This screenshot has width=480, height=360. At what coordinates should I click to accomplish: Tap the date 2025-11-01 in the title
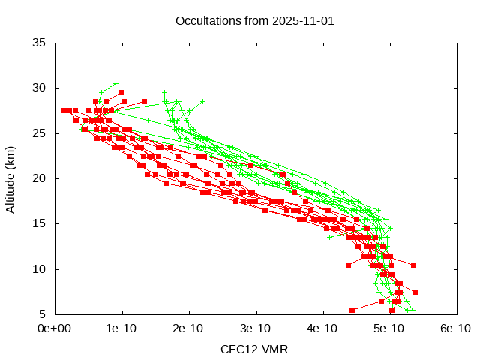[300, 20]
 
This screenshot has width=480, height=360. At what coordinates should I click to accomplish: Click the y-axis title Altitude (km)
[11, 178]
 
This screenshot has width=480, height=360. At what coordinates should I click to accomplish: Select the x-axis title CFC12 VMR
[254, 349]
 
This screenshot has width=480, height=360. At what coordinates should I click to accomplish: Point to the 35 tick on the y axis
[40, 43]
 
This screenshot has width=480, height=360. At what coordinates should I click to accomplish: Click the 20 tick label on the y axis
[40, 178]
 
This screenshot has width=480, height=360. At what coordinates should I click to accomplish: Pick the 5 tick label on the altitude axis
[43, 314]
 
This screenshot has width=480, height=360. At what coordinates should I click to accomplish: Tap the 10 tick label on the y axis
[40, 268]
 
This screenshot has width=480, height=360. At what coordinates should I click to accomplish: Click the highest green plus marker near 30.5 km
[115, 83]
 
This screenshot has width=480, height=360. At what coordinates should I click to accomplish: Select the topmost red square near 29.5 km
[121, 92]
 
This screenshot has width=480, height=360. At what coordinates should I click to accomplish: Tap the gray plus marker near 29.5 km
[165, 93]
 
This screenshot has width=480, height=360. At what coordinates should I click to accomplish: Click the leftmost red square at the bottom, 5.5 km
[352, 310]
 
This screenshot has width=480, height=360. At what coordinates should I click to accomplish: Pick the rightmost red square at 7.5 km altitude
[415, 292]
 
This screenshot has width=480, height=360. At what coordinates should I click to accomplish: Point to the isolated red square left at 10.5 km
[348, 265]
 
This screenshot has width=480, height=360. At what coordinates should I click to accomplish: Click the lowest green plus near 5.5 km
[412, 309]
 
